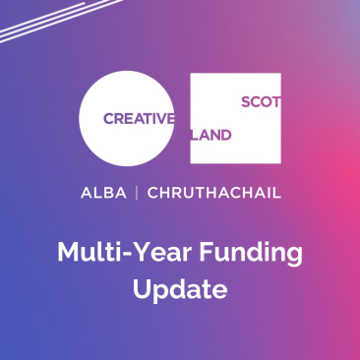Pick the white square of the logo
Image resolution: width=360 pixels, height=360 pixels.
coord(236,118)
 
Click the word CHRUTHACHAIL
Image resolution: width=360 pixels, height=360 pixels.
coord(213,193)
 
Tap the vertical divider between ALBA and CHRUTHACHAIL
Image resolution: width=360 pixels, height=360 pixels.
coord(136,193)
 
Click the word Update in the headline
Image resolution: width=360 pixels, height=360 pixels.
coord(180,291)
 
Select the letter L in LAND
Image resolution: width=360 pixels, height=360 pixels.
coord(195,136)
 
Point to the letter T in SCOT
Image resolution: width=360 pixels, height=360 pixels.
coord(274,100)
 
